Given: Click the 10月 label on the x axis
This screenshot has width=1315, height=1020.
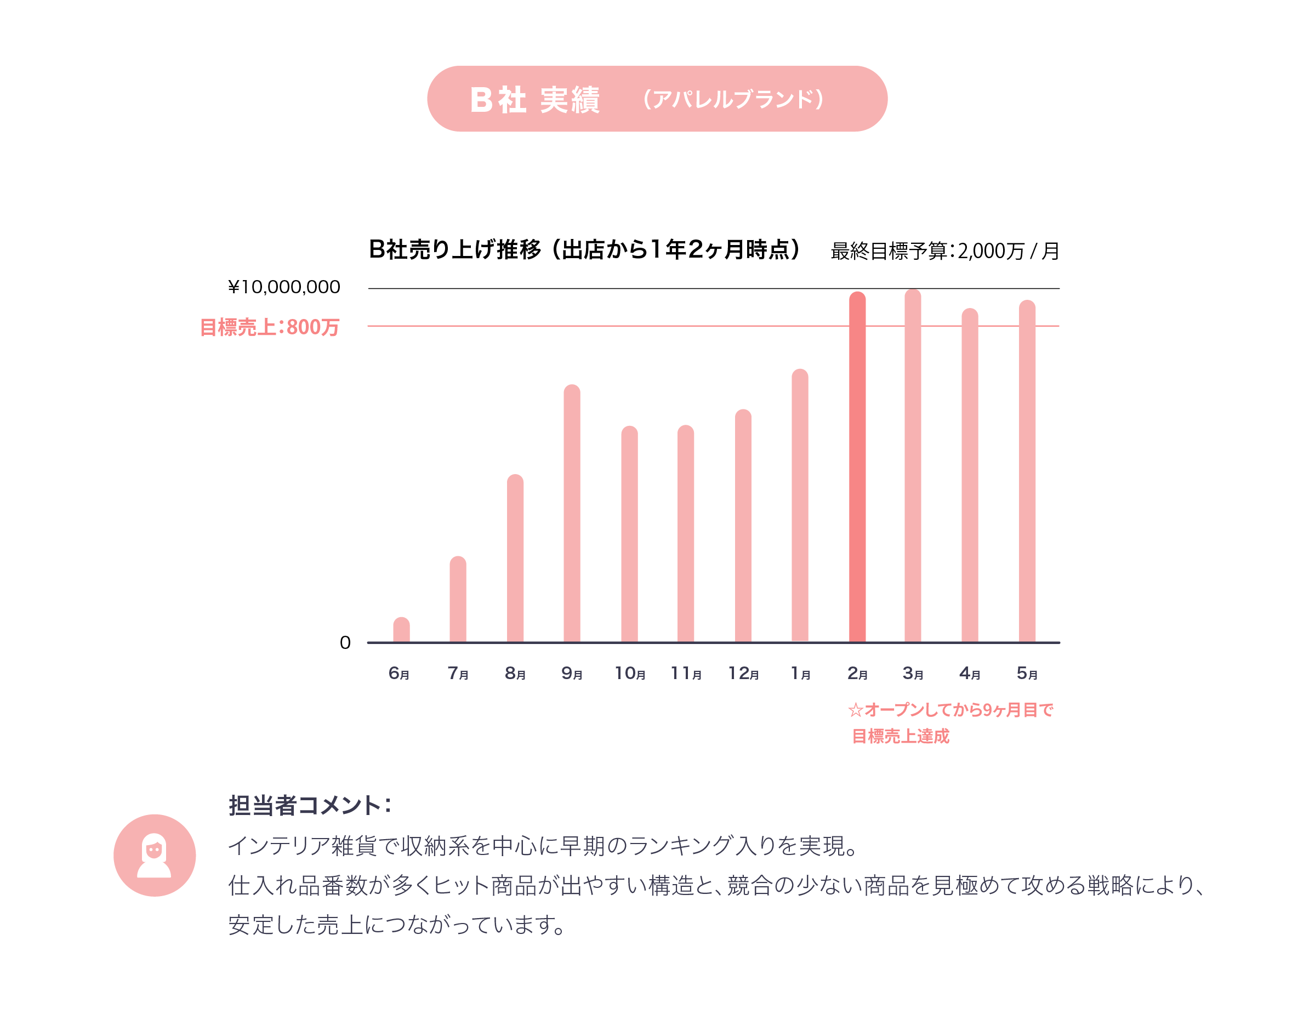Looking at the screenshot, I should (629, 673).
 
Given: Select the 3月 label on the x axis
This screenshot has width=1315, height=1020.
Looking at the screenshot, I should (913, 673).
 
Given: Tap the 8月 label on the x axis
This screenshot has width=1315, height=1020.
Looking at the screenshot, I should (515, 673).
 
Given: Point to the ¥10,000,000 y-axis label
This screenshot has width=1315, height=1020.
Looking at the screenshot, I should (283, 287).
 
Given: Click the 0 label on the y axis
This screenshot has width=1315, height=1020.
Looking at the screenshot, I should (345, 642).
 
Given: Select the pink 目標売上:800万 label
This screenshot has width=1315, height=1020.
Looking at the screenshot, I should (269, 327).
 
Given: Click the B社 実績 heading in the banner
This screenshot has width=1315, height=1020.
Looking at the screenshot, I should (534, 99).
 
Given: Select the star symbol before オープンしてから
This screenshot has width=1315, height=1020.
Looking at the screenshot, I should (855, 710).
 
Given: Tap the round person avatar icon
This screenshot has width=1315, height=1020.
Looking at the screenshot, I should (155, 855).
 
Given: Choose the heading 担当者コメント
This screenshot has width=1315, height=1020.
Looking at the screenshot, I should (310, 805).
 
